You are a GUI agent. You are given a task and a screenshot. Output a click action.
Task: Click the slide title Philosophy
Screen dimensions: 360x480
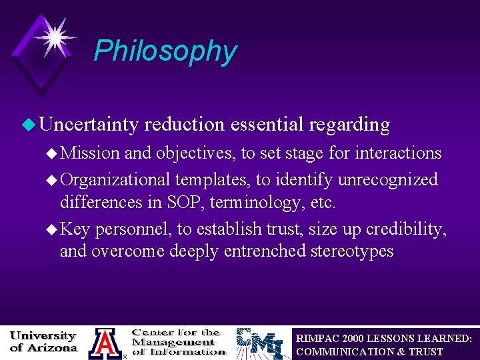pyautogui.click(x=165, y=51)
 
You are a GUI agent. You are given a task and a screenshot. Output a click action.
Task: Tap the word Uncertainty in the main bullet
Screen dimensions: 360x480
pyautogui.click(x=88, y=125)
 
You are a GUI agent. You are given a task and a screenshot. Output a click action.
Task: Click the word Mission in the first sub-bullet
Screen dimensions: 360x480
pyautogui.click(x=90, y=153)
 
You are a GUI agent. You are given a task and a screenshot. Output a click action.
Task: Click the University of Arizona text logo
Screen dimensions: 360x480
pyautogui.click(x=44, y=341)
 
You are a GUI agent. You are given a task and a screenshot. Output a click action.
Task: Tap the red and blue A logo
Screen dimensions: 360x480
pyautogui.click(x=105, y=343)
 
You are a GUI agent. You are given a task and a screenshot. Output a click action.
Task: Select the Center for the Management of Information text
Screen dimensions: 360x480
pyautogui.click(x=177, y=341)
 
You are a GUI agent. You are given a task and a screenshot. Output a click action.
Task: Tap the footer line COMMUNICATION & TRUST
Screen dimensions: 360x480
pyautogui.click(x=369, y=351)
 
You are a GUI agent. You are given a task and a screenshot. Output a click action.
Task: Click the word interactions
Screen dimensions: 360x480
pyautogui.click(x=398, y=153)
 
